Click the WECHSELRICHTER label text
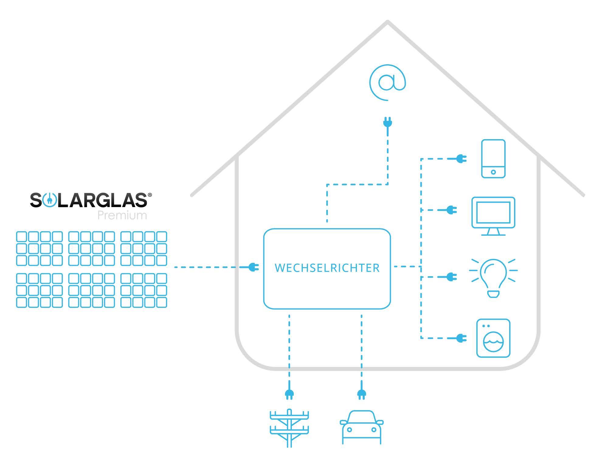pyautogui.click(x=327, y=268)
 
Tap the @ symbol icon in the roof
pyautogui.click(x=388, y=82)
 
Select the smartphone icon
pyautogui.click(x=493, y=159)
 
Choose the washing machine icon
pyautogui.click(x=493, y=338)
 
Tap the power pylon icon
pyautogui.click(x=289, y=428)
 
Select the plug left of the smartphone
pyautogui.click(x=461, y=159)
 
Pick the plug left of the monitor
pyautogui.click(x=452, y=210)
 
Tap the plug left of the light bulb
pyautogui.click(x=452, y=277)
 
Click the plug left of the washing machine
pyautogui.click(x=461, y=338)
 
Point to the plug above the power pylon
pyautogui.click(x=289, y=394)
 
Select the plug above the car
pyautogui.click(x=361, y=394)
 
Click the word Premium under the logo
pyautogui.click(x=122, y=215)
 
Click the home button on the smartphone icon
pyautogui.click(x=493, y=172)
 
